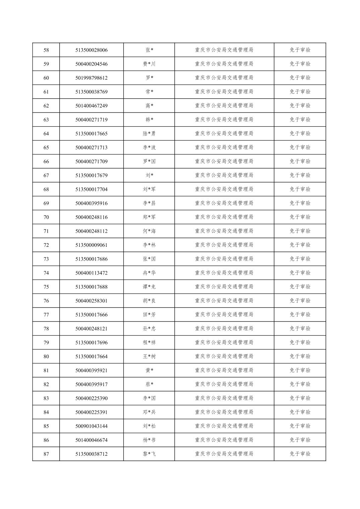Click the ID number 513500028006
(x=91, y=50)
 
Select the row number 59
(x=46, y=64)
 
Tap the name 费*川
(x=149, y=64)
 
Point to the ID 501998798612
(x=91, y=78)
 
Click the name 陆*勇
(x=149, y=134)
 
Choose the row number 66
(x=46, y=161)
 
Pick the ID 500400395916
(x=91, y=203)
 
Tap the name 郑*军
(x=149, y=217)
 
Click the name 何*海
(x=149, y=231)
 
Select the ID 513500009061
(x=91, y=245)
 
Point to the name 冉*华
(x=149, y=273)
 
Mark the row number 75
(x=46, y=287)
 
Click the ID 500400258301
(x=91, y=301)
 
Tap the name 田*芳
(x=149, y=315)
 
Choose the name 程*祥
(x=149, y=343)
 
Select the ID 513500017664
(x=91, y=357)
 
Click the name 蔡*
(x=149, y=384)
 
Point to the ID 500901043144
(x=91, y=426)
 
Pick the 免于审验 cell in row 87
(x=300, y=454)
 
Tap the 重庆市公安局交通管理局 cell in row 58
(x=224, y=50)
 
